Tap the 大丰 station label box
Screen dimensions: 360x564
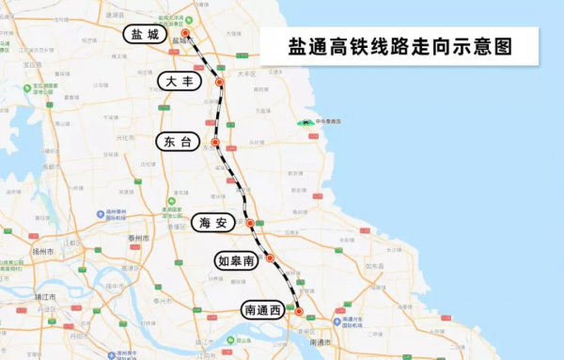[182, 82]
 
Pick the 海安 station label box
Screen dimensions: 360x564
[214, 223]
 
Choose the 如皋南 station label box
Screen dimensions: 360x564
[235, 259]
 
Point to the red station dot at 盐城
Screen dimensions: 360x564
[185, 33]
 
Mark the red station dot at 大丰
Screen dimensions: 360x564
[219, 83]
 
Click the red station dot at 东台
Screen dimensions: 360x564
[215, 143]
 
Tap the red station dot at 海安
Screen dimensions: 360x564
[250, 223]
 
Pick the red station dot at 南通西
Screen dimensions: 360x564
[299, 311]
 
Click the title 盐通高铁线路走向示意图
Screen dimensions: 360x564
[399, 45]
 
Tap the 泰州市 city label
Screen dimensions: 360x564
[139, 239]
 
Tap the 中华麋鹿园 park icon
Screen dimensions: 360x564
[304, 122]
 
